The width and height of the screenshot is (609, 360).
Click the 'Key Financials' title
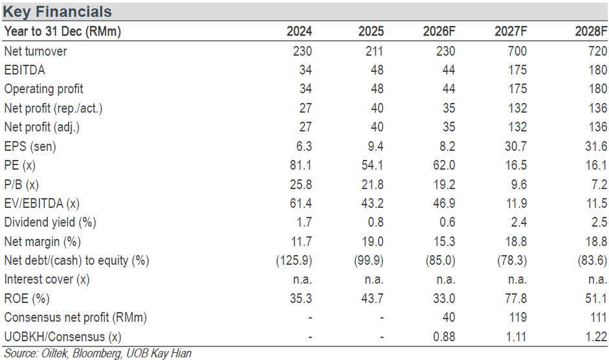pos(57,12)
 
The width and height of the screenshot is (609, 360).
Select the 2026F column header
pos(439,31)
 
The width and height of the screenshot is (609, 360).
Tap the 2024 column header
pos(299,31)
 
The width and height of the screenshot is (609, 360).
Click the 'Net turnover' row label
pos(36,51)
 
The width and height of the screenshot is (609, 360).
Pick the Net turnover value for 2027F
pos(517,51)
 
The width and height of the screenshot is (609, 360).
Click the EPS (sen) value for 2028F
pos(596,146)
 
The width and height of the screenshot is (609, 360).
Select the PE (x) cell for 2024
pos(300,165)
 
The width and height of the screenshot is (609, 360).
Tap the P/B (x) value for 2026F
pos(444,185)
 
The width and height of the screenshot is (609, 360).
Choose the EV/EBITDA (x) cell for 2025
pos(373,203)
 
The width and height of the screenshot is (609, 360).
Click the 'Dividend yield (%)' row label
pos(50,222)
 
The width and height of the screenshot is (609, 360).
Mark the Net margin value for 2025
pos(373,242)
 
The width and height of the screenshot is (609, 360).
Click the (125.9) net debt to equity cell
pos(294,260)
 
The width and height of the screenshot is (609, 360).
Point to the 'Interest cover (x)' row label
pos(47,280)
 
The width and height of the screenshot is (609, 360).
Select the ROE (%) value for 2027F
pos(516,298)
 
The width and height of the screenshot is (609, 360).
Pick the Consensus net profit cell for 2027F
pos(518,318)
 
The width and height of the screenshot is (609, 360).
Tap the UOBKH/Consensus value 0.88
pos(444,337)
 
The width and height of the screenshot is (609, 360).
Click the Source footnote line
pos(98,353)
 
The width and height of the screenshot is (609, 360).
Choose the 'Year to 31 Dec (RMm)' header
pos(63,31)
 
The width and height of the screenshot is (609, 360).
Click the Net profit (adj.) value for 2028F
pos(598,127)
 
